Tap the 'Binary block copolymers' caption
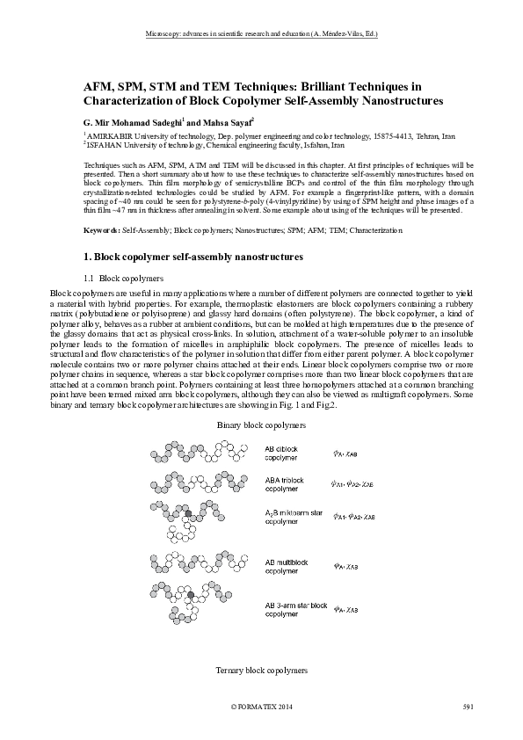[x=261, y=424]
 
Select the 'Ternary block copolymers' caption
[x=261, y=670]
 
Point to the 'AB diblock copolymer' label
[x=283, y=453]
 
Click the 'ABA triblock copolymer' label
[x=287, y=484]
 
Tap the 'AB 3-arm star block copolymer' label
[x=296, y=610]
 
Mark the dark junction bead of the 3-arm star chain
[x=191, y=597]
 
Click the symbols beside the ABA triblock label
[x=355, y=483]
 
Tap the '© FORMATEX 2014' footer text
[x=261, y=707]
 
